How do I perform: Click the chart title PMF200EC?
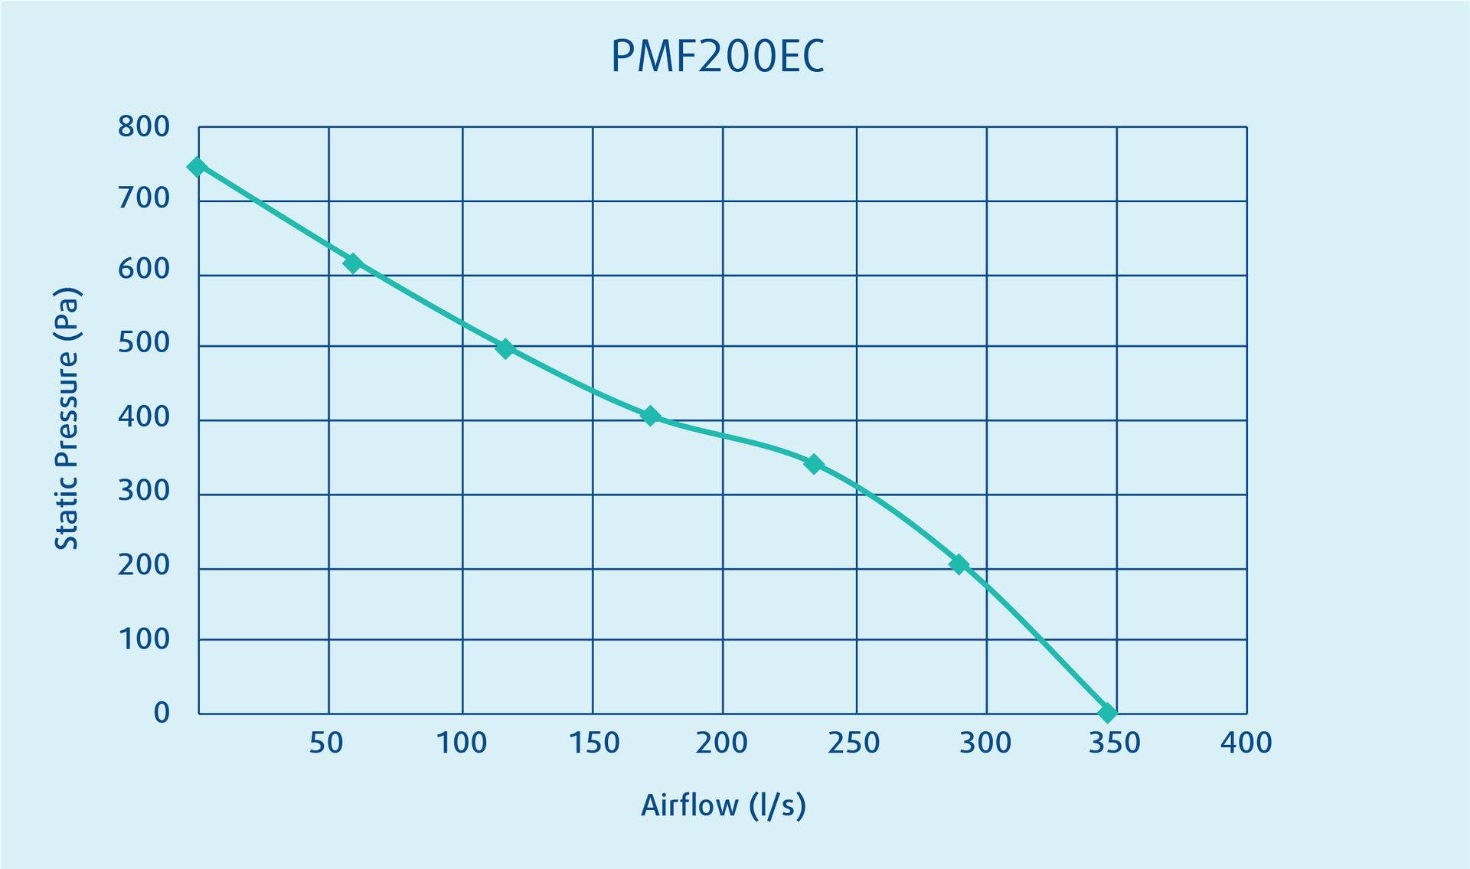[717, 57]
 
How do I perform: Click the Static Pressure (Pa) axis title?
[67, 418]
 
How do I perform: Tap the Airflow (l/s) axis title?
[724, 805]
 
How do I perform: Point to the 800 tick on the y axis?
[144, 127]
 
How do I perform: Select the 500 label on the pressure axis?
[144, 343]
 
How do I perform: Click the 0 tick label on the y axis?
[162, 713]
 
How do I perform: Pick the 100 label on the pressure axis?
[144, 639]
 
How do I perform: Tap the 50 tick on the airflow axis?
[326, 743]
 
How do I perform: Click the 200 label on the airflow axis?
[721, 743]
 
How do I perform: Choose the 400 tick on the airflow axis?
[1246, 743]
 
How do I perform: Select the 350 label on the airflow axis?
[1115, 743]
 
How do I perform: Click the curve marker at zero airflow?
[197, 167]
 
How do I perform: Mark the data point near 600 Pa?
[352, 263]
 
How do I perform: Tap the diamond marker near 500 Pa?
[505, 349]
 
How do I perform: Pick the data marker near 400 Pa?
[650, 417]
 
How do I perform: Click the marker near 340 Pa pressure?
[814, 464]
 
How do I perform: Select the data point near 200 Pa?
[959, 565]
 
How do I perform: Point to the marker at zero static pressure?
[1107, 713]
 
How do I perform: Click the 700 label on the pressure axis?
[144, 198]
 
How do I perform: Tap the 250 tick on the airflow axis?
[854, 743]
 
